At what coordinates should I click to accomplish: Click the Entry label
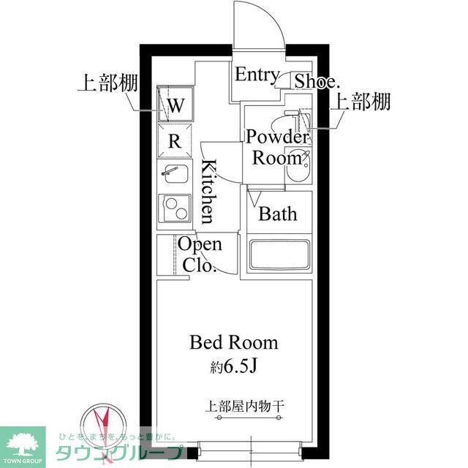click(x=256, y=75)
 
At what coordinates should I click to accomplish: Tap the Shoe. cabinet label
click(x=315, y=80)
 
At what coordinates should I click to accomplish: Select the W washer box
click(x=176, y=105)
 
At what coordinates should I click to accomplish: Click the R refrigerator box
click(x=175, y=141)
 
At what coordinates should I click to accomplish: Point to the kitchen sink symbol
click(x=175, y=176)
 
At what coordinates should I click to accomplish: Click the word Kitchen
click(x=208, y=191)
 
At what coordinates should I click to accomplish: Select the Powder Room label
click(x=276, y=146)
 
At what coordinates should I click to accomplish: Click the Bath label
click(x=278, y=214)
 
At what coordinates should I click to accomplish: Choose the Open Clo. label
click(x=200, y=254)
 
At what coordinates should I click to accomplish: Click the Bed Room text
click(x=234, y=341)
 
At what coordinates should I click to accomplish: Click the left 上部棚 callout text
click(x=104, y=81)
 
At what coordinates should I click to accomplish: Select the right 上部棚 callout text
click(x=361, y=102)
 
